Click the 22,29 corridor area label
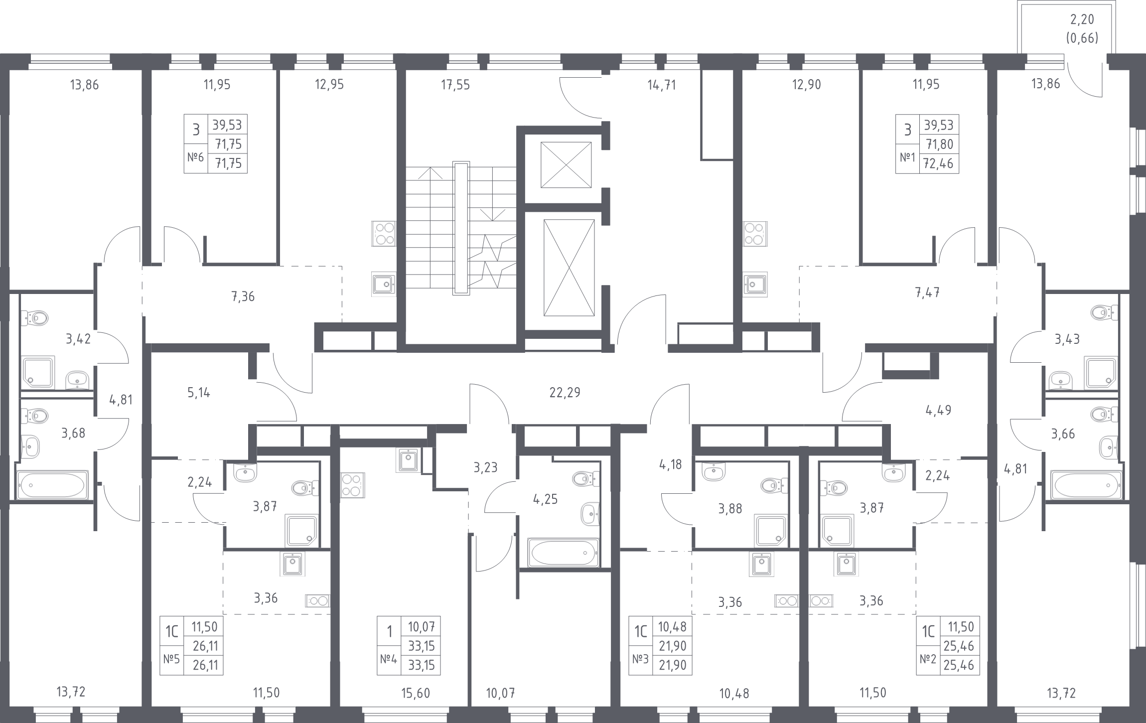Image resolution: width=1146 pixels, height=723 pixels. tap(565, 393)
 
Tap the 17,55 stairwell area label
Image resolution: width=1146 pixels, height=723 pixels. tap(455, 85)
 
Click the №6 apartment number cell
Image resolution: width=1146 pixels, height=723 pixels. tap(195, 158)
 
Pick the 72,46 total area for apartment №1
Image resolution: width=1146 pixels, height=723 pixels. tap(939, 163)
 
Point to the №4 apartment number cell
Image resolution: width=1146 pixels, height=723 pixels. tap(389, 659)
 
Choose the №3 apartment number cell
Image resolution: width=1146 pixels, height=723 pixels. tap(640, 660)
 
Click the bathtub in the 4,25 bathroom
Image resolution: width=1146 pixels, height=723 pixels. tap(563, 552)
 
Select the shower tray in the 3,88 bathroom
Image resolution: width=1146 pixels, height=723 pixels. tap(771, 531)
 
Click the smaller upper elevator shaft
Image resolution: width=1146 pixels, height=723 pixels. tap(566, 165)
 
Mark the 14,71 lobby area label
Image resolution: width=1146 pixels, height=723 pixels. tap(661, 85)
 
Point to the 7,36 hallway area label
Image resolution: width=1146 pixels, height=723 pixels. tap(243, 297)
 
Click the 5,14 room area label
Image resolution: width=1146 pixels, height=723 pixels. tap(198, 393)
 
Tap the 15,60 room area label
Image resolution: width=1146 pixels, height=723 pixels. tap(415, 693)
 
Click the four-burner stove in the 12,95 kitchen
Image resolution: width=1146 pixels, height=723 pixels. tap(383, 234)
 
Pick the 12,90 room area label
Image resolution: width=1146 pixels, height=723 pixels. tap(806, 85)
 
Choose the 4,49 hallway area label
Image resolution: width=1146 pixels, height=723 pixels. tap(938, 410)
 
